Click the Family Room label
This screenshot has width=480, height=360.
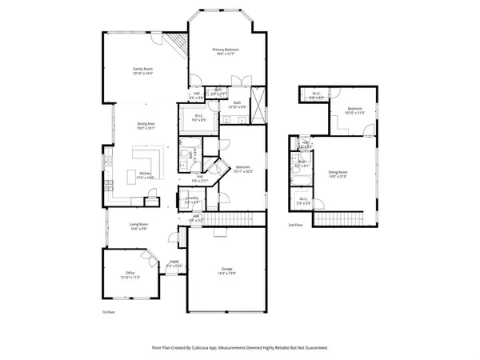point(142,70)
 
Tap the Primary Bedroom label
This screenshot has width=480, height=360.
point(226,50)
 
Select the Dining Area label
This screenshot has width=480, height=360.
point(146,124)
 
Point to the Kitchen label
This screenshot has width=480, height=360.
point(146,174)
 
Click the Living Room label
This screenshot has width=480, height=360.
point(140,225)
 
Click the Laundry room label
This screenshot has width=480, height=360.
point(192,202)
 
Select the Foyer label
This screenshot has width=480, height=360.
point(174,262)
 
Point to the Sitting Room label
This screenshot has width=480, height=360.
point(338,172)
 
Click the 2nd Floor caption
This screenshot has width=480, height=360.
point(295,226)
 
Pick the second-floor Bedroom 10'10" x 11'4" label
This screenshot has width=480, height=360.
point(354,110)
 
